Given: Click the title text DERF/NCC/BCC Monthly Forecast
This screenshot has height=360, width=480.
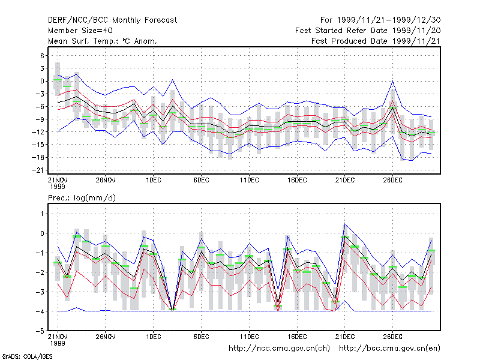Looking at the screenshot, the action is [112, 20].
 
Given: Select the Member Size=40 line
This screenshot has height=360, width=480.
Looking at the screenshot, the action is [80, 31].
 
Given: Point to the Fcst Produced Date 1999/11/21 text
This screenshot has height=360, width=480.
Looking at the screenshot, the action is [376, 41].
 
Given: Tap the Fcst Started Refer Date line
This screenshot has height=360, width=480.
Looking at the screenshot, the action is [368, 31].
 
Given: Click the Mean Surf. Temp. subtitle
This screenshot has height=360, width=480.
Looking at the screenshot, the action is [102, 41].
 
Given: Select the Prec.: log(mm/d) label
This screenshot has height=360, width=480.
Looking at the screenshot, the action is [82, 198].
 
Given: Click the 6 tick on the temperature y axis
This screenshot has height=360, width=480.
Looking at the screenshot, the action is [42, 56].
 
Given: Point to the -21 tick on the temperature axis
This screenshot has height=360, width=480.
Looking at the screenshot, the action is [38, 170].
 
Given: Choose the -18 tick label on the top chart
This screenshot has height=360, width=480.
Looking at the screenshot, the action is [38, 157].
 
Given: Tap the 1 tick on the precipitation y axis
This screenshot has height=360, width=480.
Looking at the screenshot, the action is [42, 214].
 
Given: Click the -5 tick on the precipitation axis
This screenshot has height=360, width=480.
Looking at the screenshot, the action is [40, 331].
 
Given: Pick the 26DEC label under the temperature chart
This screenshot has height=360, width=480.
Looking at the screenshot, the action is [393, 181].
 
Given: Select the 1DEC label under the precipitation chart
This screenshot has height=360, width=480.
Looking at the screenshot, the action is [154, 337].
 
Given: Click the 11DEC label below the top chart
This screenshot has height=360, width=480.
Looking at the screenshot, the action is [249, 181].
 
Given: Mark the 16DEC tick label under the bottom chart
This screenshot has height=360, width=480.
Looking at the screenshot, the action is [297, 337].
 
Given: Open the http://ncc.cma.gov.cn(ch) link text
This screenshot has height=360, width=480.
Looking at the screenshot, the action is [279, 349].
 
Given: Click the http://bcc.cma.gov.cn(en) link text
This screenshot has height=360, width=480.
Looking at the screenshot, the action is [389, 349].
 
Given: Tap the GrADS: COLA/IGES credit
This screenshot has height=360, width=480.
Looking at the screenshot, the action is [27, 356].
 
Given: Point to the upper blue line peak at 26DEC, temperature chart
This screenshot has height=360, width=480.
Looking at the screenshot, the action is [393, 81].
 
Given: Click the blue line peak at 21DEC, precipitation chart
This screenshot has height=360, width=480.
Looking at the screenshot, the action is [345, 224].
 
